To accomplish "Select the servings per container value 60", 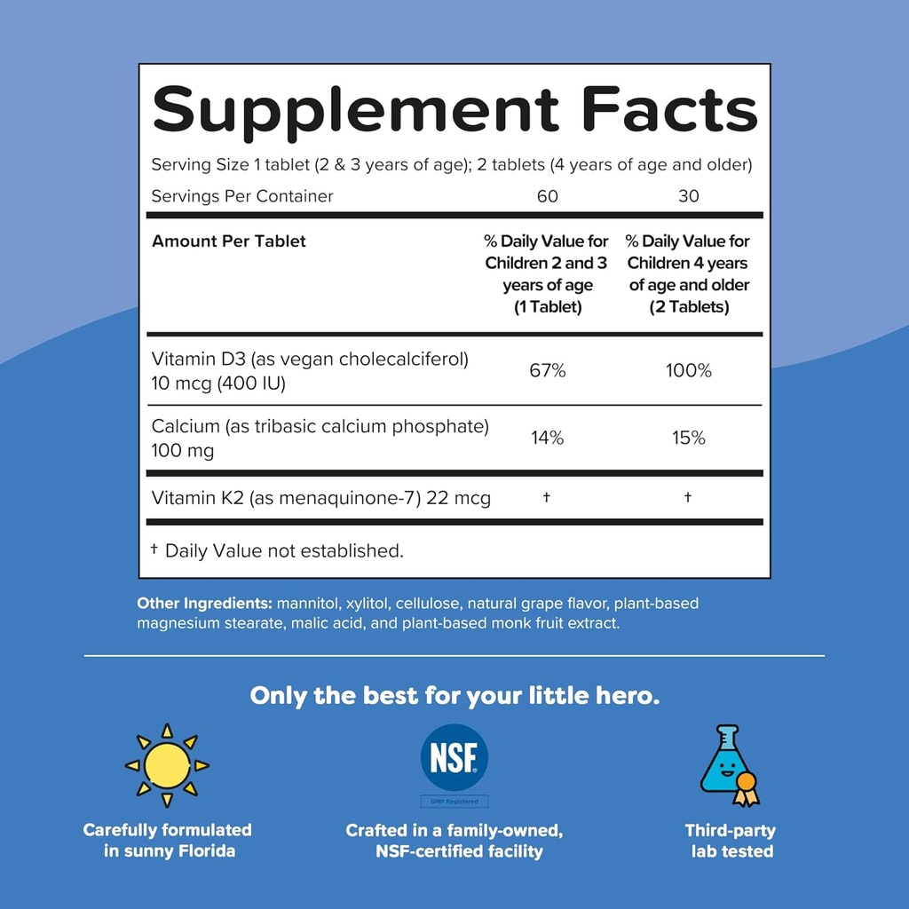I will coord(548,196).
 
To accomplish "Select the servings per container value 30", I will coord(689,196).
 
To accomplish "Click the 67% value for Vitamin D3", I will coord(548,370).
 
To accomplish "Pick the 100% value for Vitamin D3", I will coord(689,370).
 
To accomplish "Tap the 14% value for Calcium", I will coord(548,438).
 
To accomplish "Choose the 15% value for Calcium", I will coord(689,438).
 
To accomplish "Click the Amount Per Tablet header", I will coord(229,241).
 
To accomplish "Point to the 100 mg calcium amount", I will coord(183,451).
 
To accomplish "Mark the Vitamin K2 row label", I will coord(320,498).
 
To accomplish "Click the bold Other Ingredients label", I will coord(204,604).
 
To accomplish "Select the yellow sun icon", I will coord(167,765).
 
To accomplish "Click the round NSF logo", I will coord(454,757).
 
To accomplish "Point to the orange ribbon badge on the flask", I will coord(747,785).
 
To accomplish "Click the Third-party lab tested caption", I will coord(731,841).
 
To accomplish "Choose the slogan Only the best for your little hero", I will coord(454,695).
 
